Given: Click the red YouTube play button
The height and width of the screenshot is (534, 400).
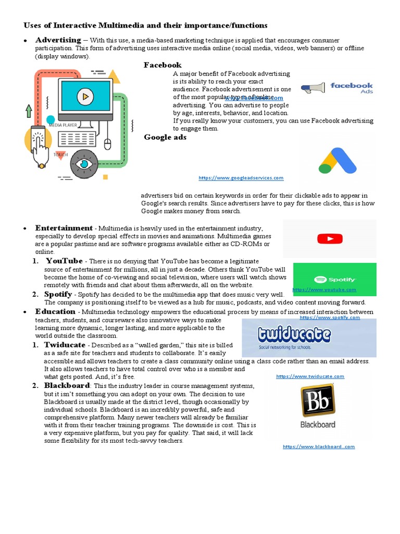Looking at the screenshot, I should [x=329, y=239].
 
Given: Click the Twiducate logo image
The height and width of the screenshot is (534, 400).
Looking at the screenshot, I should [x=309, y=337].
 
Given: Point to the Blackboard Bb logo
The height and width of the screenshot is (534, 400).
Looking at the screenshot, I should [x=318, y=406].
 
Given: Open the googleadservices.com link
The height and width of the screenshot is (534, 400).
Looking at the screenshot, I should [x=241, y=178].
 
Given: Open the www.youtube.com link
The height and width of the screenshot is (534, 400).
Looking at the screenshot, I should [x=324, y=289].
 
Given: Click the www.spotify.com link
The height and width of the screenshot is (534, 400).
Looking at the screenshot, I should [x=330, y=317].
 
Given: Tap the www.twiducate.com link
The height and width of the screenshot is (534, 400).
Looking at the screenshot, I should [x=310, y=376].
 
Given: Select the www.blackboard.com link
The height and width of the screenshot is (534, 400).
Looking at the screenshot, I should [x=319, y=446].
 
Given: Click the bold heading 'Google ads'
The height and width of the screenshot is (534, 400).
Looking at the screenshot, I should [x=165, y=138].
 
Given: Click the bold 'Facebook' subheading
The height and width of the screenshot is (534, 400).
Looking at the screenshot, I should [x=162, y=65].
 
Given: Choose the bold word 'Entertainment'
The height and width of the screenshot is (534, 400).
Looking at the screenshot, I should [x=64, y=228].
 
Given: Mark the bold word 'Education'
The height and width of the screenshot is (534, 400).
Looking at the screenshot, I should [x=55, y=311].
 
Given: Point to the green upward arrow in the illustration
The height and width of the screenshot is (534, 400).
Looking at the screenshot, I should [x=28, y=111].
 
